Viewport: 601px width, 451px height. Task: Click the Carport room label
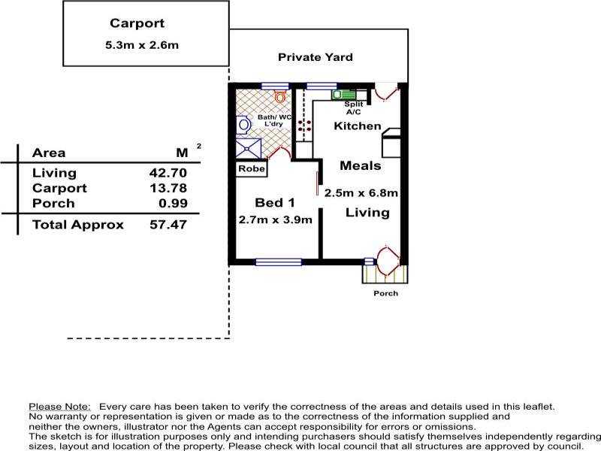point(137,23)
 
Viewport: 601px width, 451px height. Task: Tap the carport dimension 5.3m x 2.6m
point(142,45)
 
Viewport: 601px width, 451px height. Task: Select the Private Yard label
point(315,57)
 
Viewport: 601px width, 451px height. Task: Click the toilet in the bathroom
point(280,97)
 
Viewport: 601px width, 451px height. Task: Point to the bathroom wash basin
point(243,125)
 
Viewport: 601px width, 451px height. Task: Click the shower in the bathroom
point(249,148)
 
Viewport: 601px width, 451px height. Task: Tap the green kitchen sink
point(343,95)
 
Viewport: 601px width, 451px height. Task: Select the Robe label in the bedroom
point(252,168)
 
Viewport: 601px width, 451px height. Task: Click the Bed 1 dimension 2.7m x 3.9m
point(275,219)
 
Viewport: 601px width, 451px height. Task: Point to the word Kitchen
point(358,126)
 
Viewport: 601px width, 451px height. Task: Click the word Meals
point(361,165)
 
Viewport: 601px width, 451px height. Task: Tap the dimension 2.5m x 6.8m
point(361,192)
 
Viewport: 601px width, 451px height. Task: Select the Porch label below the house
point(385,293)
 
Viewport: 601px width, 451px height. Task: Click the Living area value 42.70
point(168,173)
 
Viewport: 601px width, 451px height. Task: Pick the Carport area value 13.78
point(168,189)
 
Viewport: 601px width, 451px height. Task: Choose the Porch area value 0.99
point(173,203)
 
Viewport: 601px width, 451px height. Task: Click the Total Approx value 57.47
point(168,224)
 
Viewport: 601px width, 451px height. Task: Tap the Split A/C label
point(353,107)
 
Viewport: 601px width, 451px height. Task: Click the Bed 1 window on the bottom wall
point(278,262)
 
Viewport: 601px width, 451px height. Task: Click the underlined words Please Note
point(60,407)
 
